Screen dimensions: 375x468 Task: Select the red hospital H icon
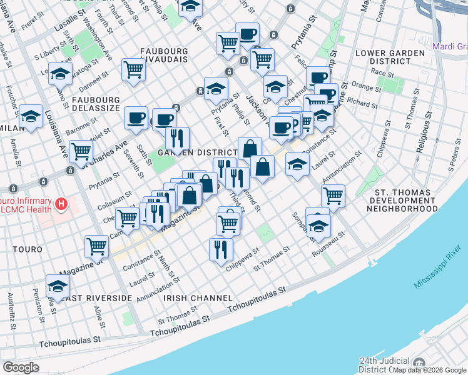point(61,204)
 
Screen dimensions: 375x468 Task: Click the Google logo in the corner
point(21,367)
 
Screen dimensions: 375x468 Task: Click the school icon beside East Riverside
point(58,286)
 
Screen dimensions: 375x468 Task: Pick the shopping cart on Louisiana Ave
point(81,151)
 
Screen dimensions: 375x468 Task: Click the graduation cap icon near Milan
point(31,116)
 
